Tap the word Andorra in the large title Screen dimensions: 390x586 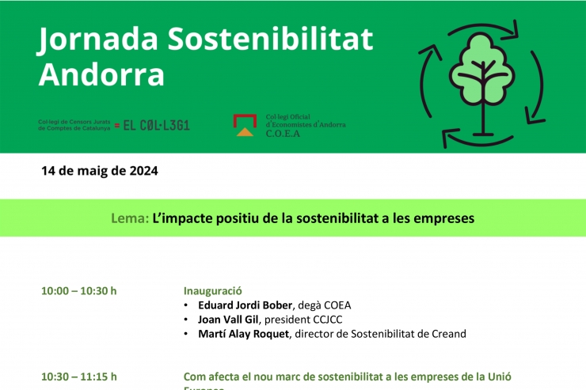101,75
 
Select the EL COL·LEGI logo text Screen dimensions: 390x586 157,125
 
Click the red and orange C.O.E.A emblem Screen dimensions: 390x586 244,125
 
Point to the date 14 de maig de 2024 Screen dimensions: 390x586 100,171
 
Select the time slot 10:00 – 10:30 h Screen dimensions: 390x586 78,290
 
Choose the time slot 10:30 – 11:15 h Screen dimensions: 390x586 78,377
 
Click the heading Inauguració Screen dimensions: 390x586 212,290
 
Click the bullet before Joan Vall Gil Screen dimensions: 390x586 186,320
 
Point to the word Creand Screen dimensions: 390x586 448,334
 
